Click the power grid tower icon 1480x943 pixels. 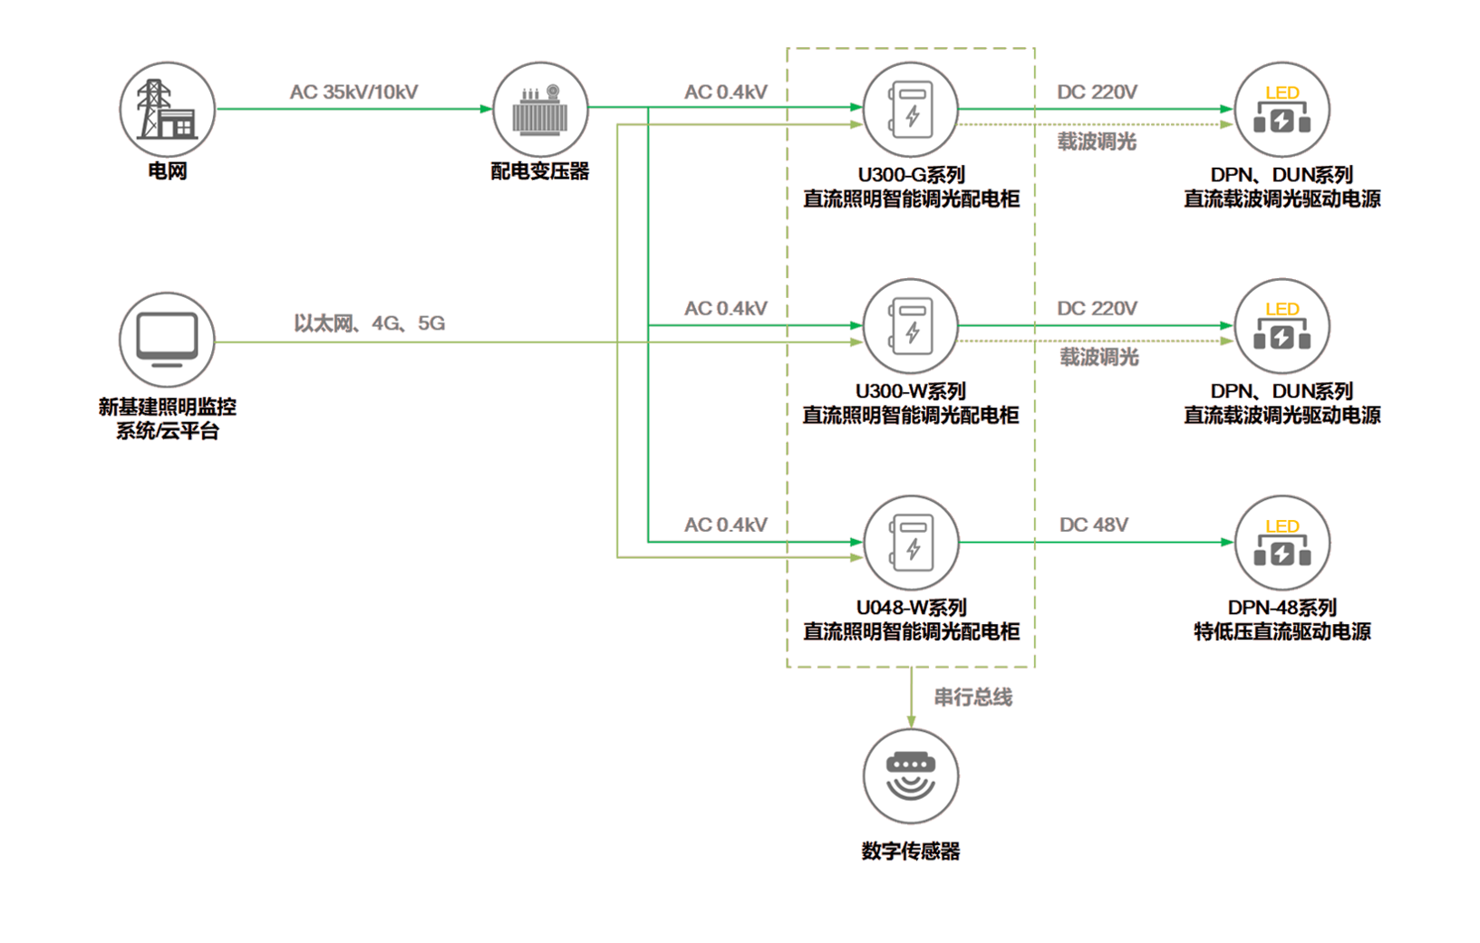coord(167,110)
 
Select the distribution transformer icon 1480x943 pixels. coord(540,110)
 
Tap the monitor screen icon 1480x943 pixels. coord(167,340)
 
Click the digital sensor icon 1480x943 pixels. coord(910,776)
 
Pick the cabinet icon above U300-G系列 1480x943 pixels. coord(910,110)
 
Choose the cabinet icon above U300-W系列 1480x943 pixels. coord(910,326)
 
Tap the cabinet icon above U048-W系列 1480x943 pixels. coord(910,543)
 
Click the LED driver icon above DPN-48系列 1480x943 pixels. coord(1282,543)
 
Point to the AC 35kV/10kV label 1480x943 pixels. coord(353,93)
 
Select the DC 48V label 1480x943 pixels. coord(1093,526)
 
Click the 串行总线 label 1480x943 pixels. coord(973,697)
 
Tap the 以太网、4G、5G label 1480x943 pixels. coord(370,324)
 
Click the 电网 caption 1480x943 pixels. coord(168,169)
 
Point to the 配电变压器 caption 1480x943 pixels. coord(540,170)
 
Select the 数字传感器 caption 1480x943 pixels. coord(910,852)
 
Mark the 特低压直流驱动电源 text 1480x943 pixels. coord(1282,631)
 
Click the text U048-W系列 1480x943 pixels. coord(910,607)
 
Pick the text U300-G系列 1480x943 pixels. coord(910,175)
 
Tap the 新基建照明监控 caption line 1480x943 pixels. coord(168,407)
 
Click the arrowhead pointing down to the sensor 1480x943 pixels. coord(910,721)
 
